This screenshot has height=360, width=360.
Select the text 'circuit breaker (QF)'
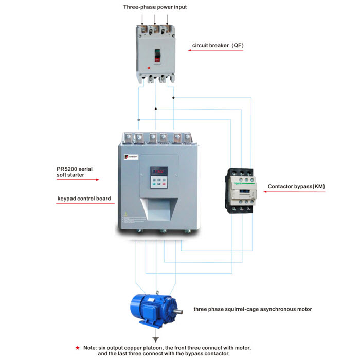point(218,45)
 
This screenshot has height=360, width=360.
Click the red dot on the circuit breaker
point(149,68)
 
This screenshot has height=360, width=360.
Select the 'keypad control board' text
point(83,197)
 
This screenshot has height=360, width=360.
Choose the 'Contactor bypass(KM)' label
point(296,186)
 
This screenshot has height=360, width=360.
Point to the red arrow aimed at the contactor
point(288,192)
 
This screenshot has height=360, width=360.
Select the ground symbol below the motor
point(155,339)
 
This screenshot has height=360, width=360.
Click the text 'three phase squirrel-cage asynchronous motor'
point(253,309)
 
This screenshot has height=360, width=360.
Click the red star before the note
point(77,348)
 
